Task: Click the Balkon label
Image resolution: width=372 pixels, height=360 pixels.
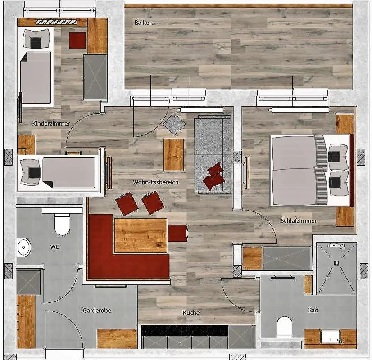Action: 144,22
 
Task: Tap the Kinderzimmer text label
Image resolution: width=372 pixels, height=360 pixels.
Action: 51,123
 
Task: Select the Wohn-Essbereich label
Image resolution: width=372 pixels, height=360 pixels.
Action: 156,182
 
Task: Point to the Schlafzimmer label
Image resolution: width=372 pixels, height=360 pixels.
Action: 299,221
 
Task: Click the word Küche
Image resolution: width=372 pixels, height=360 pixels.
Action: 191,313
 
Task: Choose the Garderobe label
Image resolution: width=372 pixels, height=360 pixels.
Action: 97,310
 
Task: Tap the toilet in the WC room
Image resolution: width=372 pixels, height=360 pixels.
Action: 63,224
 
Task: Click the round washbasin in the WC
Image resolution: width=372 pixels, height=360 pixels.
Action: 23,247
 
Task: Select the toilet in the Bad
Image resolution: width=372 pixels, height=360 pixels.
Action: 285,327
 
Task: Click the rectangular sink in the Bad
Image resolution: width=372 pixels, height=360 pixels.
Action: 331,337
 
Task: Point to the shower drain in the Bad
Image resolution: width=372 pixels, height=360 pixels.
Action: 336,263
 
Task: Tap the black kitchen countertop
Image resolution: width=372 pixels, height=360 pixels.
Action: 185,330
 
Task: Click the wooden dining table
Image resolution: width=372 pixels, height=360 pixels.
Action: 141,236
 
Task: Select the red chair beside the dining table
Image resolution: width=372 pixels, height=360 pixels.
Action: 178,233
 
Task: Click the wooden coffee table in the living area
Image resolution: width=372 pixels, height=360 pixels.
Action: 174,154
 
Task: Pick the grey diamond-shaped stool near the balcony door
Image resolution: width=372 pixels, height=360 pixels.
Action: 174,124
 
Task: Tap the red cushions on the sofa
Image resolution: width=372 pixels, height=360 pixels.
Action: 214,176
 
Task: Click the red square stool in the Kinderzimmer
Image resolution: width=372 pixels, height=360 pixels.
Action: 77,40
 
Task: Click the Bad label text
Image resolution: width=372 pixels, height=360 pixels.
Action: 313,310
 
